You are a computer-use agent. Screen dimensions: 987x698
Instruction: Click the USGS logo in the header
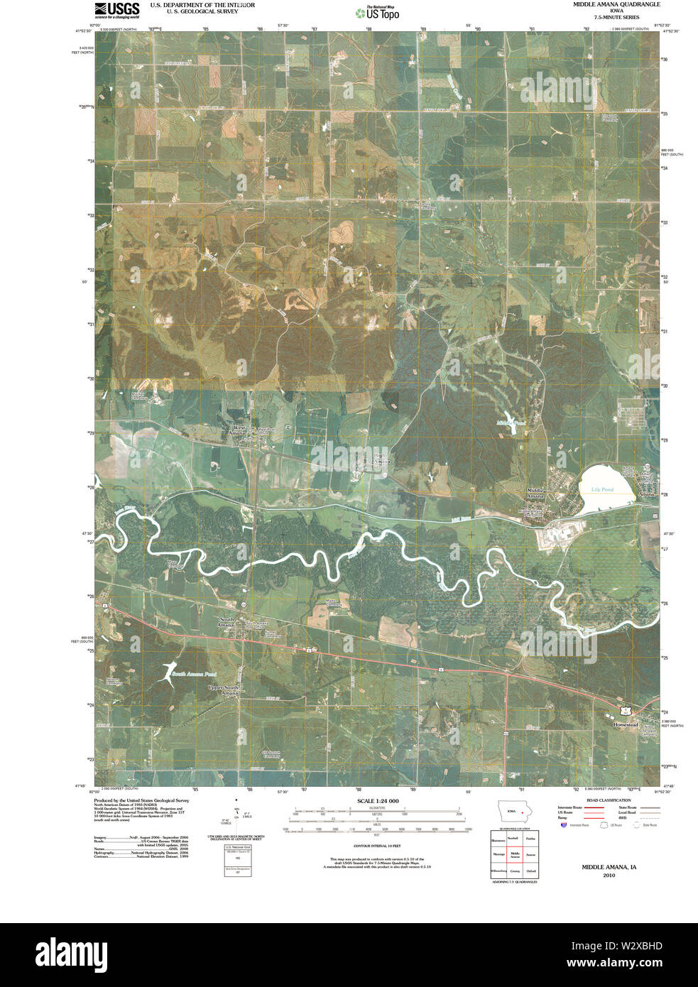click(116, 9)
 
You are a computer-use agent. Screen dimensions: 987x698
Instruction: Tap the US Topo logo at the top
click(378, 12)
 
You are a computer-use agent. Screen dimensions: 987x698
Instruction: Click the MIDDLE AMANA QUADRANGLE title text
click(616, 4)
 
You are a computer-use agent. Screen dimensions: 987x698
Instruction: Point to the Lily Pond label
click(602, 490)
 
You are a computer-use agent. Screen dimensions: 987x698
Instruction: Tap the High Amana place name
click(381, 459)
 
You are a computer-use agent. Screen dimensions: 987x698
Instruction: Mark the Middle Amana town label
click(535, 493)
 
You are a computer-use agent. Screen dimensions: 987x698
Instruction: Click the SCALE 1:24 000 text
click(378, 801)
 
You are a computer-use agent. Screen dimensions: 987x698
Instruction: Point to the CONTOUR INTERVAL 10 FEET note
click(377, 846)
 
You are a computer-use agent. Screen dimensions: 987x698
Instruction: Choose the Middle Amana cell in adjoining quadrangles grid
click(515, 856)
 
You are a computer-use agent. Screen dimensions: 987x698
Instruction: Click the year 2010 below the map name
click(609, 876)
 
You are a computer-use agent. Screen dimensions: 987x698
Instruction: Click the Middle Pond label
click(511, 423)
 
